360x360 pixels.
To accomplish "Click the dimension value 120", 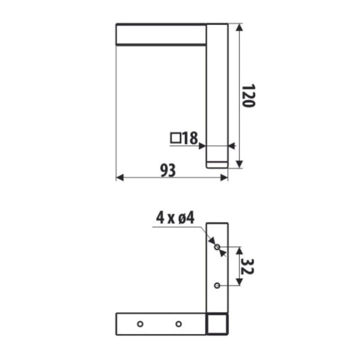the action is pos(249,95).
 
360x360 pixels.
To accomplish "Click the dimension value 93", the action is pos(168,171).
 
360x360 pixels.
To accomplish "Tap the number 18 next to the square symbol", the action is pos(190,138).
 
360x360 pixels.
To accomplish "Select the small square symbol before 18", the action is pos(175,138).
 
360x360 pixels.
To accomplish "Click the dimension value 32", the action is pos(247,266).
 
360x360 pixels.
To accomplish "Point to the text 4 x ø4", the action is pos(175,218).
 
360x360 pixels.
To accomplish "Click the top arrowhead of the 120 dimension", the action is pos(239,27).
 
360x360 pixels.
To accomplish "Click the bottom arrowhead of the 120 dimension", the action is pos(239,164).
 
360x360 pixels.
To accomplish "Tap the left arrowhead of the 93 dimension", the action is pos(120,177).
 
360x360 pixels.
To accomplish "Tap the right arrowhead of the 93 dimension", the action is pos(224,177).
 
